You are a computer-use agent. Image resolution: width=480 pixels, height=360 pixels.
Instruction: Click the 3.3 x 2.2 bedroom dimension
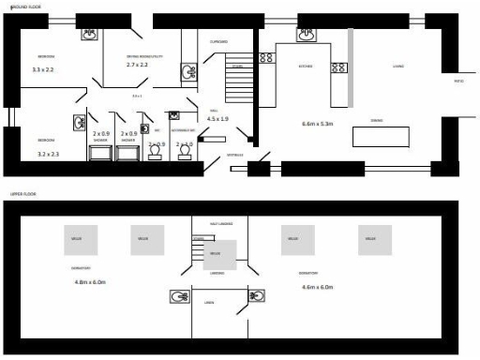(x=44, y=69)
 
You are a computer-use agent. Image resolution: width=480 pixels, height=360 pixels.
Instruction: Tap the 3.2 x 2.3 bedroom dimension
(x=47, y=153)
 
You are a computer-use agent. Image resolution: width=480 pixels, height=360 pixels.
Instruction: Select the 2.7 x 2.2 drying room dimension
(x=139, y=66)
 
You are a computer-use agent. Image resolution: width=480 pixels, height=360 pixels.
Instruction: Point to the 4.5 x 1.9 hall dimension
(x=217, y=119)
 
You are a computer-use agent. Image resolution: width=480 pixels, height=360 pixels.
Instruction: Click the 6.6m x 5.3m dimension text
(x=318, y=124)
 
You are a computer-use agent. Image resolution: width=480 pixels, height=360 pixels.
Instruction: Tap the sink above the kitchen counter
(x=307, y=35)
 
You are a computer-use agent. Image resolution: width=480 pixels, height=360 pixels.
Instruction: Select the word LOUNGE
(x=397, y=67)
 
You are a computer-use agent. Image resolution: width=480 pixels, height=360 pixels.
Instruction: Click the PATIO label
(x=459, y=82)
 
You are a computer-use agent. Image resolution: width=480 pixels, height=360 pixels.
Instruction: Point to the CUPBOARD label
(x=218, y=41)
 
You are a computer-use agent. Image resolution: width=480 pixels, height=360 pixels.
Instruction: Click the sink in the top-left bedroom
(x=90, y=35)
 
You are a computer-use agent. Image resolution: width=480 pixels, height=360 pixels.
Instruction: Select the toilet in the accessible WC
(x=184, y=153)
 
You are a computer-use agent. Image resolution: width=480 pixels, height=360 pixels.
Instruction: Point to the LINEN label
(x=208, y=302)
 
